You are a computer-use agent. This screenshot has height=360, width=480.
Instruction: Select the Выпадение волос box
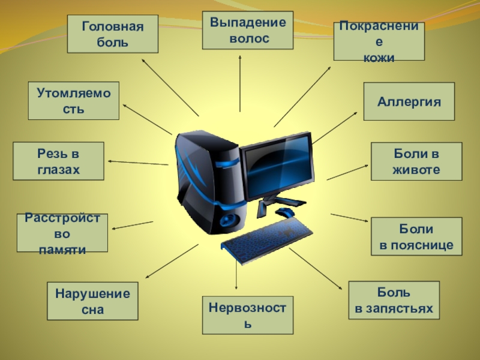tap(248, 30)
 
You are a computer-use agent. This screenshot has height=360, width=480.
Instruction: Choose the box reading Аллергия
tap(409, 101)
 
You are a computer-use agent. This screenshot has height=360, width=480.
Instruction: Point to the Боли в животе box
tap(416, 161)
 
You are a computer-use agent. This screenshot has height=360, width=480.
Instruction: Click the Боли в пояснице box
tap(416, 237)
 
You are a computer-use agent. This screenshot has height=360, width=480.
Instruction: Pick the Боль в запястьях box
tap(394, 300)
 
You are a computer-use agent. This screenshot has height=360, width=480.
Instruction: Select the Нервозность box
tap(248, 315)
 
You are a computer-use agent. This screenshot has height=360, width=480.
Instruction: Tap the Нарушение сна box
tap(92, 301)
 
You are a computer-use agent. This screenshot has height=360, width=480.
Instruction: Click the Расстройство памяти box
tap(62, 233)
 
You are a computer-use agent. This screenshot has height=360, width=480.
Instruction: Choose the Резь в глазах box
tap(58, 161)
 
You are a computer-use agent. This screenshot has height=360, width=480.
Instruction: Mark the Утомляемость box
tap(74, 101)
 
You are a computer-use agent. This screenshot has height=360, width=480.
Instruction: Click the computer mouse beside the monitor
tap(284, 212)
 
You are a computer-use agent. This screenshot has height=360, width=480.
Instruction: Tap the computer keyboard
tap(267, 240)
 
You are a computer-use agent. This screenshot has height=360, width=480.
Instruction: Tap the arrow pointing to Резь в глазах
tap(138, 163)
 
